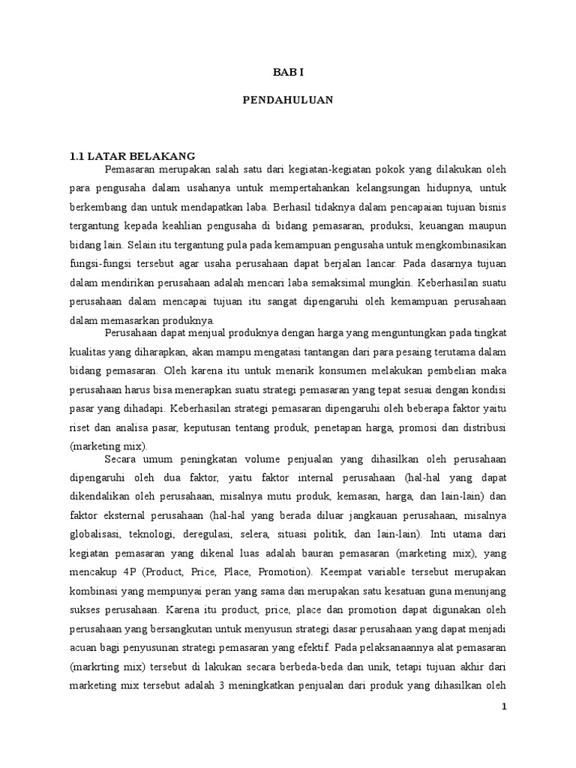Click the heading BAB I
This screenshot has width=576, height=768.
(287, 73)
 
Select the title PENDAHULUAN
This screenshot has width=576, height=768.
(287, 100)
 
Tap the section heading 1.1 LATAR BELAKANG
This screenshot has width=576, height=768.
(132, 156)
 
